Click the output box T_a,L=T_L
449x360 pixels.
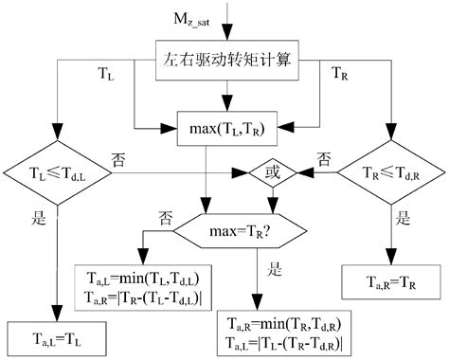56,335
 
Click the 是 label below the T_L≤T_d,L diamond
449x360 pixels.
40,217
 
